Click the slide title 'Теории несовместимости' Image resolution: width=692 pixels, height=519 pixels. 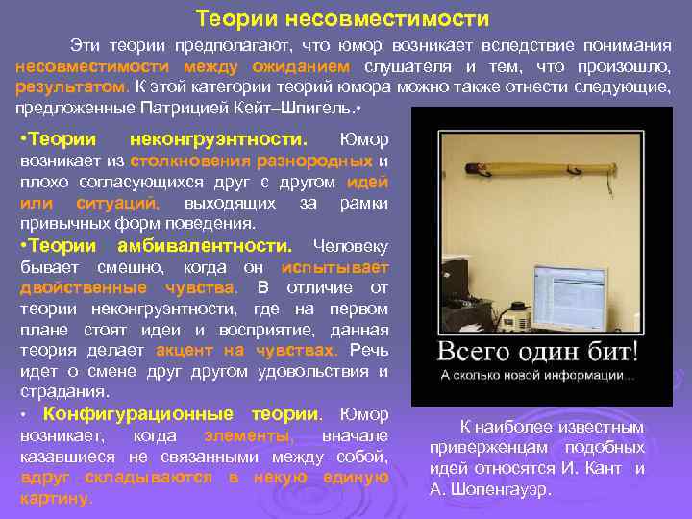click(x=342, y=18)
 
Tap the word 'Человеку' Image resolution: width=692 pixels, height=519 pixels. click(x=351, y=244)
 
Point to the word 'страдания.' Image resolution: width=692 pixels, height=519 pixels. click(x=57, y=392)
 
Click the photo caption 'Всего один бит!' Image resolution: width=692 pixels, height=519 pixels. click(x=539, y=349)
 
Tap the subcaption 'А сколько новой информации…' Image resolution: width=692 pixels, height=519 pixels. click(x=537, y=375)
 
